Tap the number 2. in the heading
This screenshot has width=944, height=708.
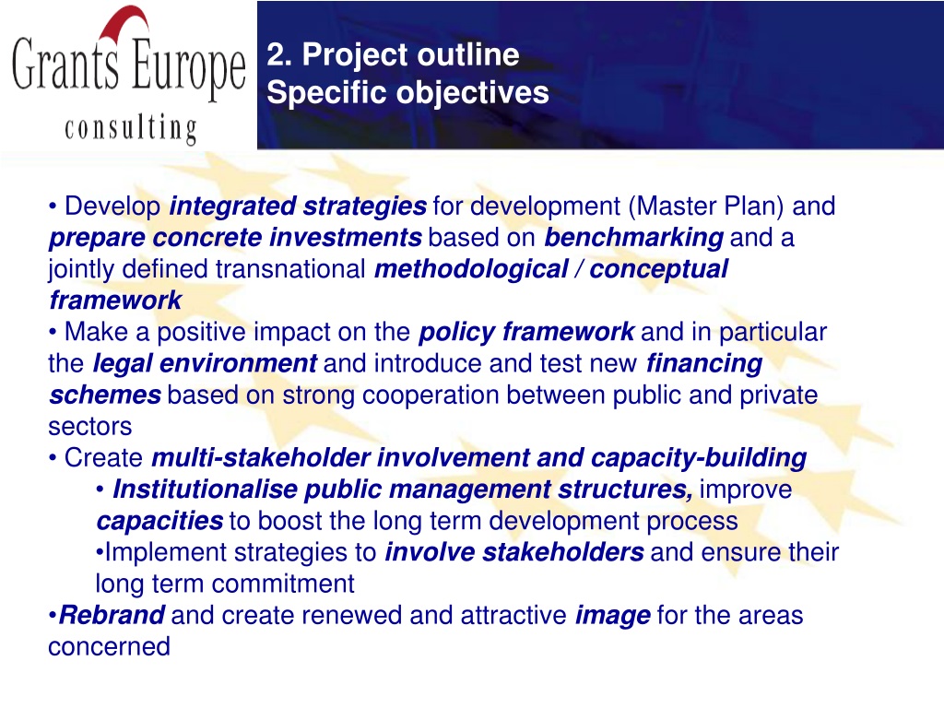pos(279,54)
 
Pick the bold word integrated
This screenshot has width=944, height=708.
pos(232,206)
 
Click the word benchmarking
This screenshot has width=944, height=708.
pos(634,238)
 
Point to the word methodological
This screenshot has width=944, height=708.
pos(471,269)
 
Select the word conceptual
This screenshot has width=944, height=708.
pos(658,270)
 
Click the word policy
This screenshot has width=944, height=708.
pos(457,332)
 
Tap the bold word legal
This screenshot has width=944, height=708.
pos(123,364)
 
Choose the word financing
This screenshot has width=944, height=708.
pos(704,364)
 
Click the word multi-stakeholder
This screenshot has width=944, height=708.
pos(260,458)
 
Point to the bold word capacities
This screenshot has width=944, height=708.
pos(159,522)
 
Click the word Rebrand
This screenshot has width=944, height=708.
pos(112,615)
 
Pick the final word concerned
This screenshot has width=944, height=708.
pos(109,647)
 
